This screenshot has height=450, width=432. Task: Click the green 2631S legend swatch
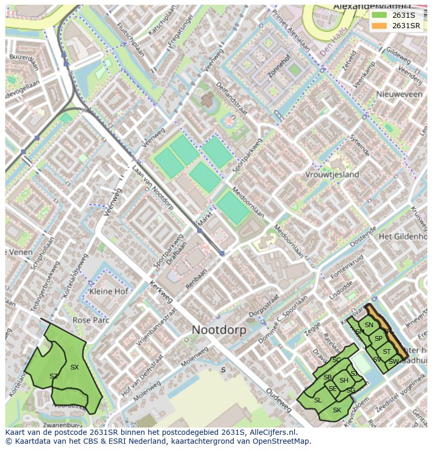(x=379, y=15)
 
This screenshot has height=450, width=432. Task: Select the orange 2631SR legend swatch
(x=379, y=26)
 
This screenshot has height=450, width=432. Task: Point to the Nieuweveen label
(x=400, y=94)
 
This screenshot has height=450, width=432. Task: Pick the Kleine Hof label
(x=109, y=291)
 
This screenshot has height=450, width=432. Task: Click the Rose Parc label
(x=91, y=320)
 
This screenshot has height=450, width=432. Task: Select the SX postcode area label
(x=74, y=367)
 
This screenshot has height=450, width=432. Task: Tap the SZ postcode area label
(x=54, y=376)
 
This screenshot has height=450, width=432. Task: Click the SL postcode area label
(x=317, y=400)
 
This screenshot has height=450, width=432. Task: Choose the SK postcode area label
(x=337, y=410)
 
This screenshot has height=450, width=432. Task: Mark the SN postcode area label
(x=369, y=325)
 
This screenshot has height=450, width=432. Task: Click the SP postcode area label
(x=378, y=339)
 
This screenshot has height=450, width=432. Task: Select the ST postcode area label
(x=387, y=352)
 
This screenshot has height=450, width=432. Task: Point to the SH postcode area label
(x=343, y=380)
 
